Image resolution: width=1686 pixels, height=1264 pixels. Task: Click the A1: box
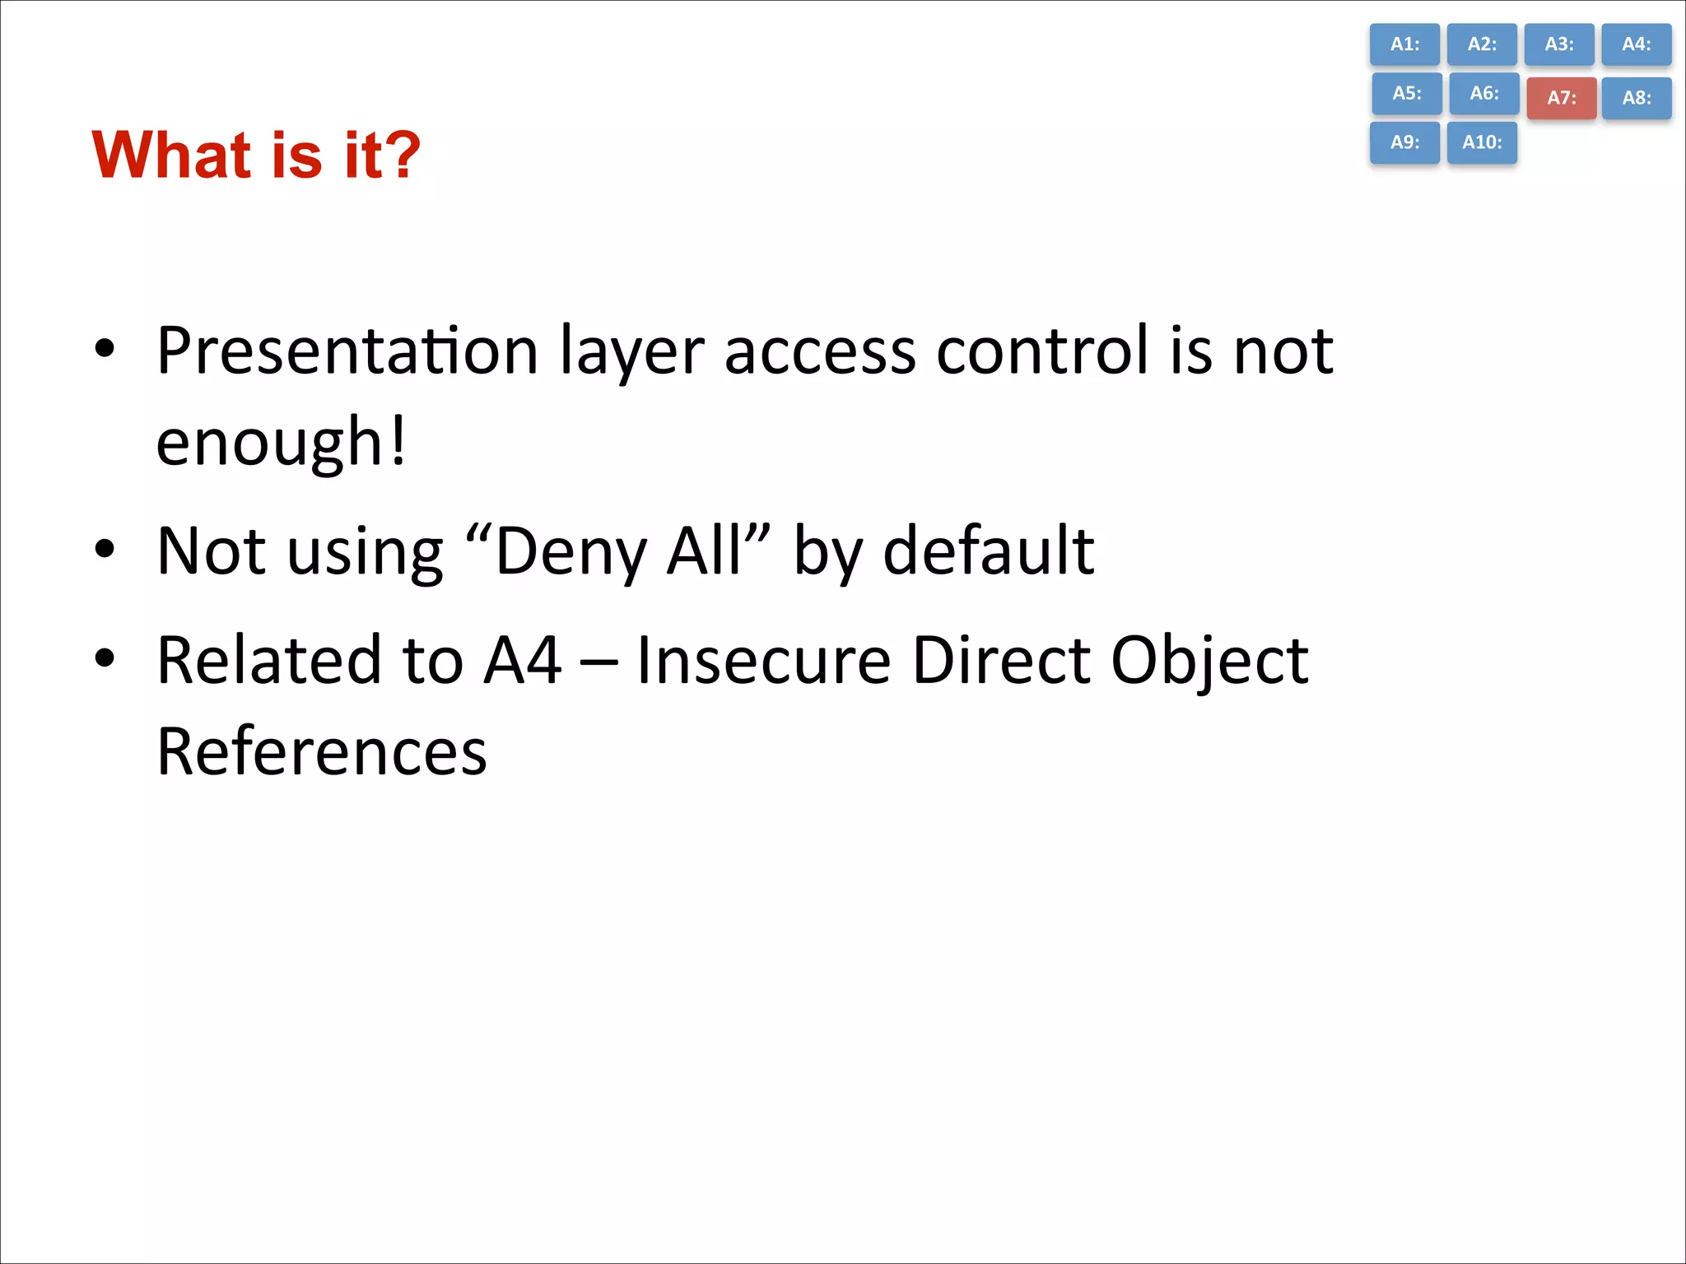coord(1404,44)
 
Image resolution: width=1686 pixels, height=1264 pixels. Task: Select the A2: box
coord(1482,44)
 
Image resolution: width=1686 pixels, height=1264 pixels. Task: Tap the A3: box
coord(1558,44)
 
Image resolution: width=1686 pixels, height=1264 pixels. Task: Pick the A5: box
coord(1407,94)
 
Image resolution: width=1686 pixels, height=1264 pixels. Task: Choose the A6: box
coord(1484,94)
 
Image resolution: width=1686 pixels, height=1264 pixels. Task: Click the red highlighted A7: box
coord(1562,98)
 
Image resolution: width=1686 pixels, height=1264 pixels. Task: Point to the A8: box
coord(1637,98)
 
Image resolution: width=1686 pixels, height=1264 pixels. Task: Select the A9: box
coord(1404,142)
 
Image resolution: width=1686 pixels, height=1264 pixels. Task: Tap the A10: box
coord(1482,142)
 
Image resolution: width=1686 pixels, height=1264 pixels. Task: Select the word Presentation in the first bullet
coord(347,352)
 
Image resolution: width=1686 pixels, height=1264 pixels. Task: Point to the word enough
coord(269,443)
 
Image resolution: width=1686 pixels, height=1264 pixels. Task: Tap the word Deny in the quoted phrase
coord(571,551)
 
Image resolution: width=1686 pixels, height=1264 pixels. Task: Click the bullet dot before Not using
coord(105,549)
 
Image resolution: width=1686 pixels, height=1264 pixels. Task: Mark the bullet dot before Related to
coord(105,658)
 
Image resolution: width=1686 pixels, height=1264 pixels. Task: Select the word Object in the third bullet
coord(1209,662)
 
